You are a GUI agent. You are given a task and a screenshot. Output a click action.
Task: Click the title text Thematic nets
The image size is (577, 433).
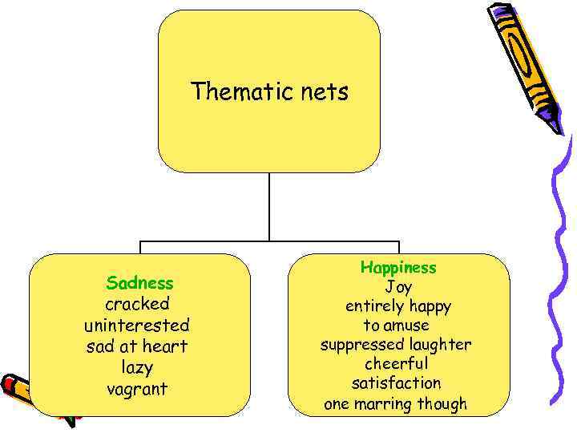(x=270, y=92)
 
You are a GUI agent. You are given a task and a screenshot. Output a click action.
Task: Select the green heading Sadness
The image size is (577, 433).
(x=139, y=283)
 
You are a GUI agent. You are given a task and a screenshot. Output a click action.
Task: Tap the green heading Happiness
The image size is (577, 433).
(x=398, y=267)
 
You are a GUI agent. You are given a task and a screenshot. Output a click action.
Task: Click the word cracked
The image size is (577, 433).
(x=138, y=305)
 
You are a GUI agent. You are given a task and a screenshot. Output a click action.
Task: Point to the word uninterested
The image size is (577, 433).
(x=137, y=326)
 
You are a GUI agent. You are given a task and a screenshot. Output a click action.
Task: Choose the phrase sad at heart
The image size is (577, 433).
(x=137, y=346)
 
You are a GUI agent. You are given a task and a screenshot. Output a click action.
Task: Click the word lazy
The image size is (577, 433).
(x=137, y=367)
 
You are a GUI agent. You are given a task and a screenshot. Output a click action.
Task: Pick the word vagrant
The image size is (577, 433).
(x=137, y=389)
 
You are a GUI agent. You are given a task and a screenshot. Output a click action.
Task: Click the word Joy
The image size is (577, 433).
(x=398, y=287)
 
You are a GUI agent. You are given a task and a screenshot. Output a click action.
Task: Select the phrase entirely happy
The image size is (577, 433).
(x=398, y=306)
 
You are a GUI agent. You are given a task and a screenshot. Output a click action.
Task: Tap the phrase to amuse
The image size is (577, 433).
(x=396, y=326)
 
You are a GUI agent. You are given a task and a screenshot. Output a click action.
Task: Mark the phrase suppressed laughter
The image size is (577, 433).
(x=396, y=345)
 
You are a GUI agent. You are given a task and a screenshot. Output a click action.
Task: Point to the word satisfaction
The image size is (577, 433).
(x=396, y=383)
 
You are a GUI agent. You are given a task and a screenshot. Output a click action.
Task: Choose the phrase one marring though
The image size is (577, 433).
(x=395, y=403)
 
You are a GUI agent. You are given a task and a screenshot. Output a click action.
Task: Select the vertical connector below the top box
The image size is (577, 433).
(x=269, y=207)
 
